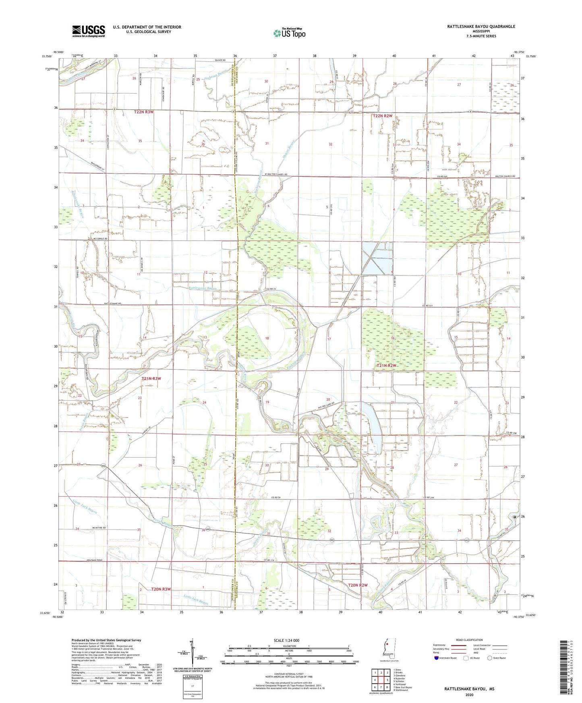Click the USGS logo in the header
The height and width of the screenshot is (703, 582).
(89, 31)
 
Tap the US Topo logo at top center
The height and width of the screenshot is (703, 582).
(289, 33)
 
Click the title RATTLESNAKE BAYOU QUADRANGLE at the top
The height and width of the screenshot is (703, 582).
(481, 27)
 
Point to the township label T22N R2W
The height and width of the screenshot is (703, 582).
(382, 116)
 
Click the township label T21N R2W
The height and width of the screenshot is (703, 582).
(387, 366)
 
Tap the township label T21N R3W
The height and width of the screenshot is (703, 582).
(151, 378)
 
